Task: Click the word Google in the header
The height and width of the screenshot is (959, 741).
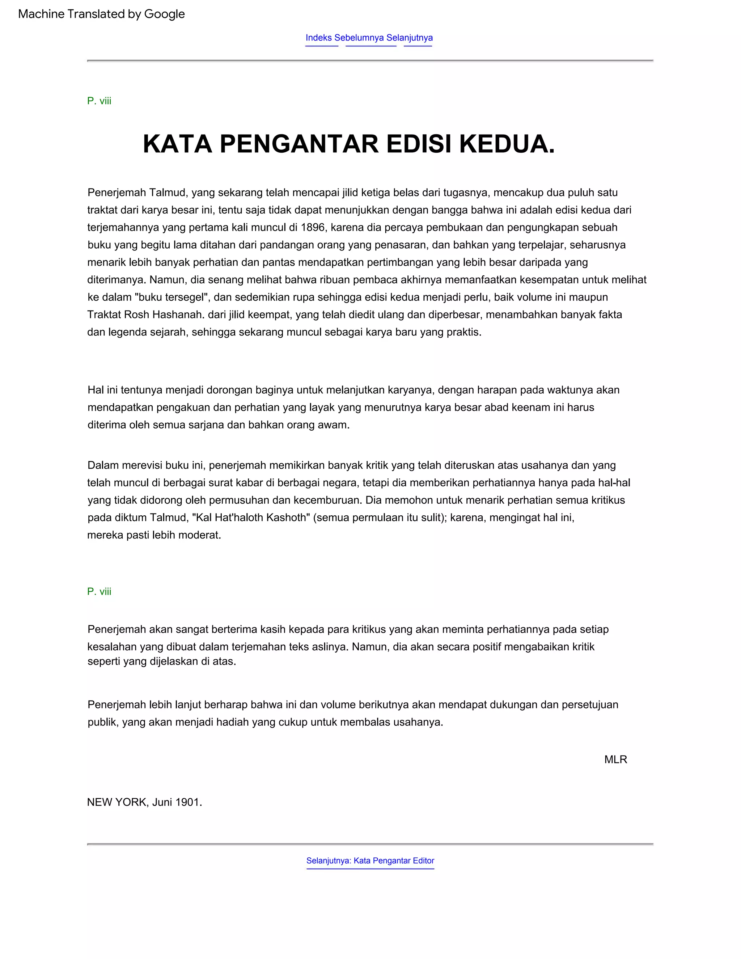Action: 164,14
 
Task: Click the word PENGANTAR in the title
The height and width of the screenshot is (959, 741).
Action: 298,144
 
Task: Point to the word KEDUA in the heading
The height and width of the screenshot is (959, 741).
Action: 507,144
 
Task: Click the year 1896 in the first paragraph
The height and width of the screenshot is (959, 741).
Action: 313,228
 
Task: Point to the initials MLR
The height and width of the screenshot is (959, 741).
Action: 615,760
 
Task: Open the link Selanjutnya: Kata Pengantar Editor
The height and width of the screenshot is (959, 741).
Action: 370,861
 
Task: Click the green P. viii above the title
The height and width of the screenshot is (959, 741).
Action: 99,101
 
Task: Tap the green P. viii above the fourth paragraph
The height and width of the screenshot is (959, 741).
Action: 99,591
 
